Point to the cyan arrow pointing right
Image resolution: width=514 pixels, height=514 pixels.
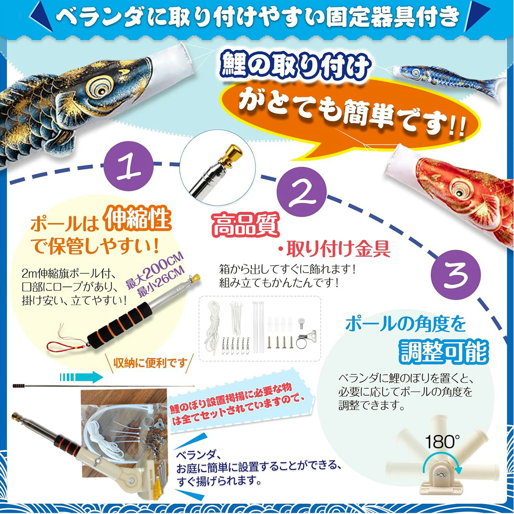(x=81, y=377)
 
